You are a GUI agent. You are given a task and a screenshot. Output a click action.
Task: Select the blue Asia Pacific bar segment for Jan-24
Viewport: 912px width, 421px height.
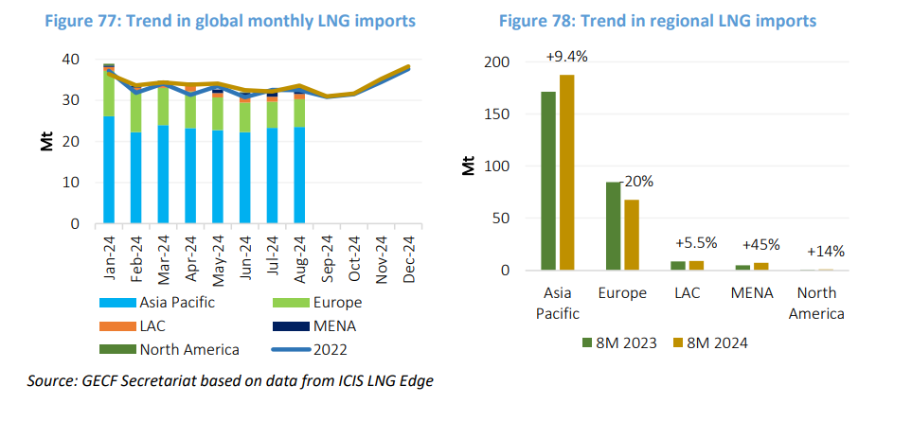pos(110,170)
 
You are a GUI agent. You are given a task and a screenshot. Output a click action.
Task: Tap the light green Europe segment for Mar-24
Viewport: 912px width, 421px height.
pos(164,106)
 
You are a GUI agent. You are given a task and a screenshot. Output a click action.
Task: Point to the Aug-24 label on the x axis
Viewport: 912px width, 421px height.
pos(299,254)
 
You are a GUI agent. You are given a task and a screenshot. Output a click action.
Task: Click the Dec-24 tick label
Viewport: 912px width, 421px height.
pos(408,254)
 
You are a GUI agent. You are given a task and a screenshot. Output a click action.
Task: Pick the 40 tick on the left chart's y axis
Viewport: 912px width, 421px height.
pos(69,59)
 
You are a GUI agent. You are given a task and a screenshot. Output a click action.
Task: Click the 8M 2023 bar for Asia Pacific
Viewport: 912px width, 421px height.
pos(548,181)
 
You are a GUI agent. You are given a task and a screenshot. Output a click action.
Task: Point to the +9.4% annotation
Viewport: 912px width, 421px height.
pos(566,57)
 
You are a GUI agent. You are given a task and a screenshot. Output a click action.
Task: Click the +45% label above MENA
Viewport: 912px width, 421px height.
pos(761,244)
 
